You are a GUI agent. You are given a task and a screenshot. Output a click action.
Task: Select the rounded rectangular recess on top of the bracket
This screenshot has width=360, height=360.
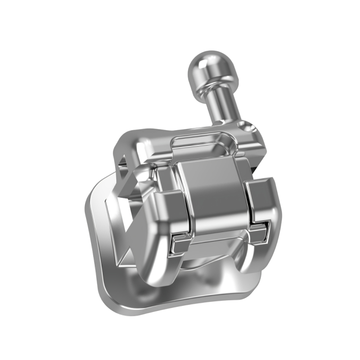pyautogui.click(x=204, y=142)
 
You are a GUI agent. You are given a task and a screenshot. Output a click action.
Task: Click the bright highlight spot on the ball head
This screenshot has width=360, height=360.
pyautogui.click(x=202, y=63)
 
